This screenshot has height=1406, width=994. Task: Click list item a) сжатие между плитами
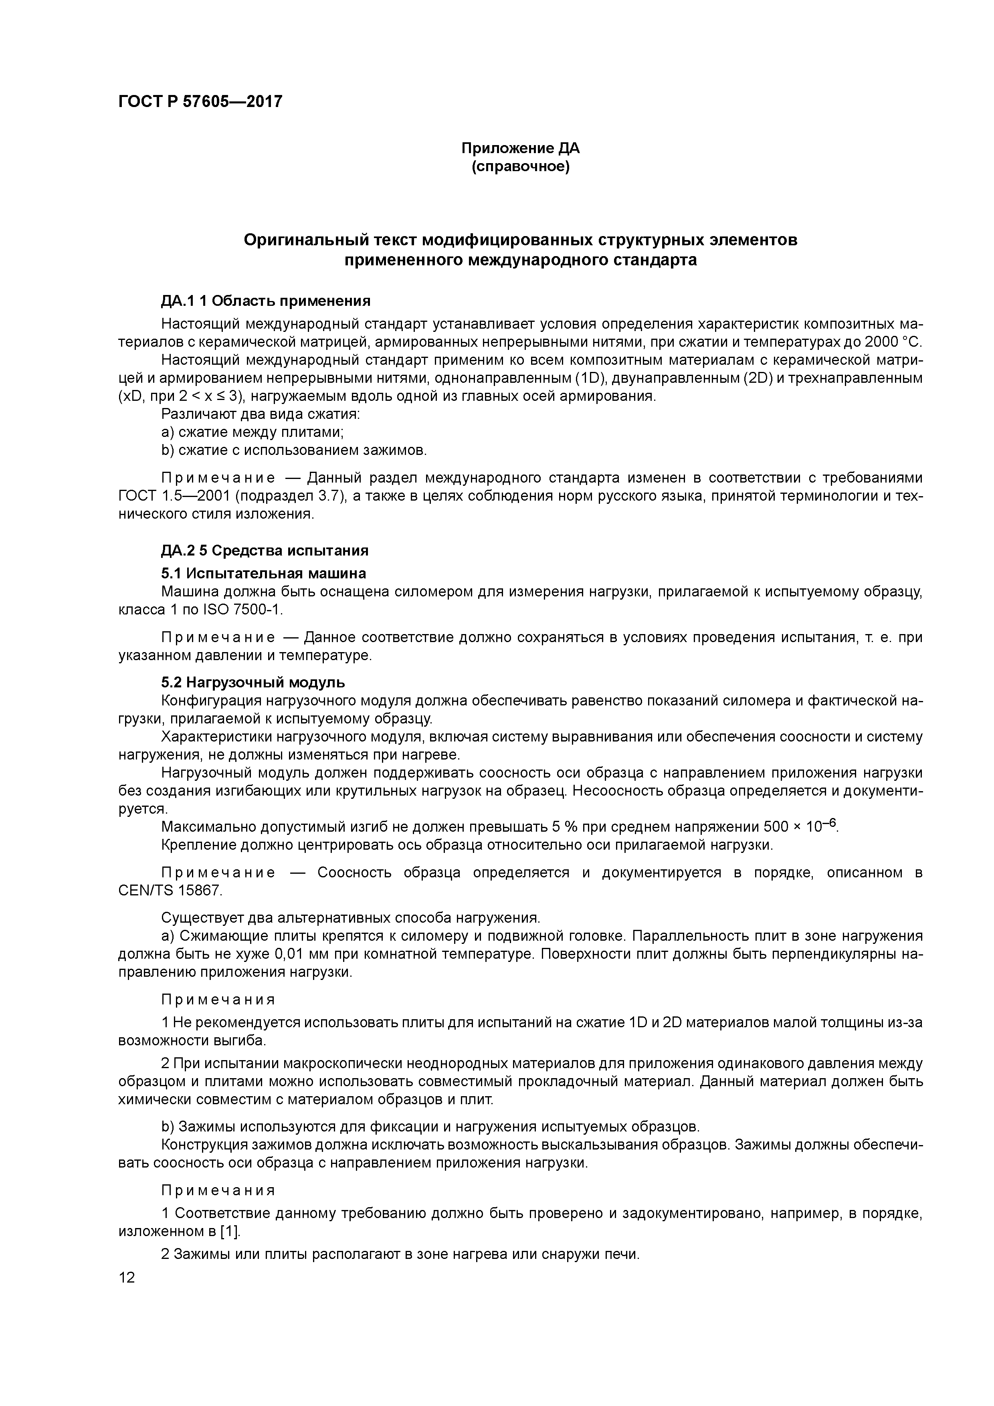pos(253,432)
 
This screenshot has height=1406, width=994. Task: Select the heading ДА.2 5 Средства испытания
pos(265,551)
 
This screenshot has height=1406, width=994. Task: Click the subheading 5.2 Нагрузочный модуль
pos(253,682)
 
